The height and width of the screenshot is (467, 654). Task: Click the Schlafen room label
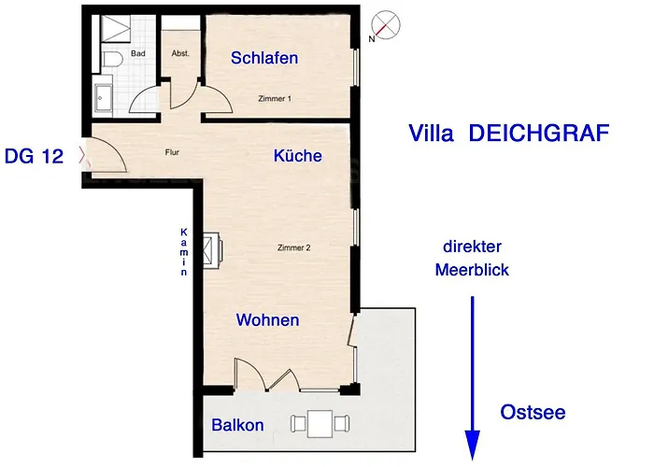point(264,58)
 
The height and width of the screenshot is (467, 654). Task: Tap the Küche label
point(298,156)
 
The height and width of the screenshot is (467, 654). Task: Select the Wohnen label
point(268,319)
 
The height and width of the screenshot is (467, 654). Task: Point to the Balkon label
point(237,425)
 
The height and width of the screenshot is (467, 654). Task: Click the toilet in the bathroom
point(112,59)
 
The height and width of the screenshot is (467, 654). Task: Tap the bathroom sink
point(104,98)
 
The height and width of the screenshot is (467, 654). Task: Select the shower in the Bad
point(116,28)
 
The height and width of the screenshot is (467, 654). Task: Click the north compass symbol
point(386,25)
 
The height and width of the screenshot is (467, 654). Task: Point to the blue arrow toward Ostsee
point(472,377)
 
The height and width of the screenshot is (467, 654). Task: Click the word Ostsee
point(533,413)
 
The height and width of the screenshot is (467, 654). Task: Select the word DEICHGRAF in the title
point(539,134)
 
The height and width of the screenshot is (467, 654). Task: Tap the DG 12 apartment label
point(34,156)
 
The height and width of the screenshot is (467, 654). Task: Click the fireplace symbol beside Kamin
point(213,250)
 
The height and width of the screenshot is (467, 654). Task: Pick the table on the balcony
point(320,424)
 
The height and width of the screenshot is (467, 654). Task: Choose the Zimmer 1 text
point(275,99)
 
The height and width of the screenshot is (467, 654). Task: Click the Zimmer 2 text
point(294,248)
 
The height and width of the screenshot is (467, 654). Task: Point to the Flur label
point(172,152)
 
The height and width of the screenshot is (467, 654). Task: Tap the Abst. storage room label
point(180,53)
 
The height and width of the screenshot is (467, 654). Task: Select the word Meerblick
point(472,270)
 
